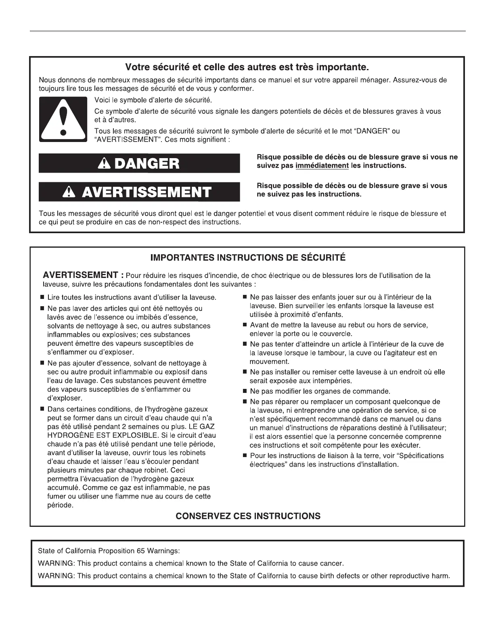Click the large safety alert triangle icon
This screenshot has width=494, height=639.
coord(63,119)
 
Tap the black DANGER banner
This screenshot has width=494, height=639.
coord(139,163)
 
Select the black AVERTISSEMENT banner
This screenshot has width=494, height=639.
coord(139,192)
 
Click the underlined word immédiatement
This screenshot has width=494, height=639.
coord(322,166)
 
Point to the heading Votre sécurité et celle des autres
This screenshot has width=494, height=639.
coord(247,66)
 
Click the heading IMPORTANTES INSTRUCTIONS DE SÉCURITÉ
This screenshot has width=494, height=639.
coord(247,257)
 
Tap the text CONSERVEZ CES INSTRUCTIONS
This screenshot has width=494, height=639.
coord(248,516)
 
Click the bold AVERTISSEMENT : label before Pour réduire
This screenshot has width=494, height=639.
coord(83,276)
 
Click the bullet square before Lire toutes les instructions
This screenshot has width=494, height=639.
coord(42,297)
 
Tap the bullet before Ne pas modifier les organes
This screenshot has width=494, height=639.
coord(245,391)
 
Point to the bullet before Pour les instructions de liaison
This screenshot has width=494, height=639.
coord(245,455)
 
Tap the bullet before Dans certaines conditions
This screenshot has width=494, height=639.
coord(42,409)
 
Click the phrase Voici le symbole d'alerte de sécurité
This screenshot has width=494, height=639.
coord(153,100)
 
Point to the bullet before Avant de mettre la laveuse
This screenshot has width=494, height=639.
coord(245,325)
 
